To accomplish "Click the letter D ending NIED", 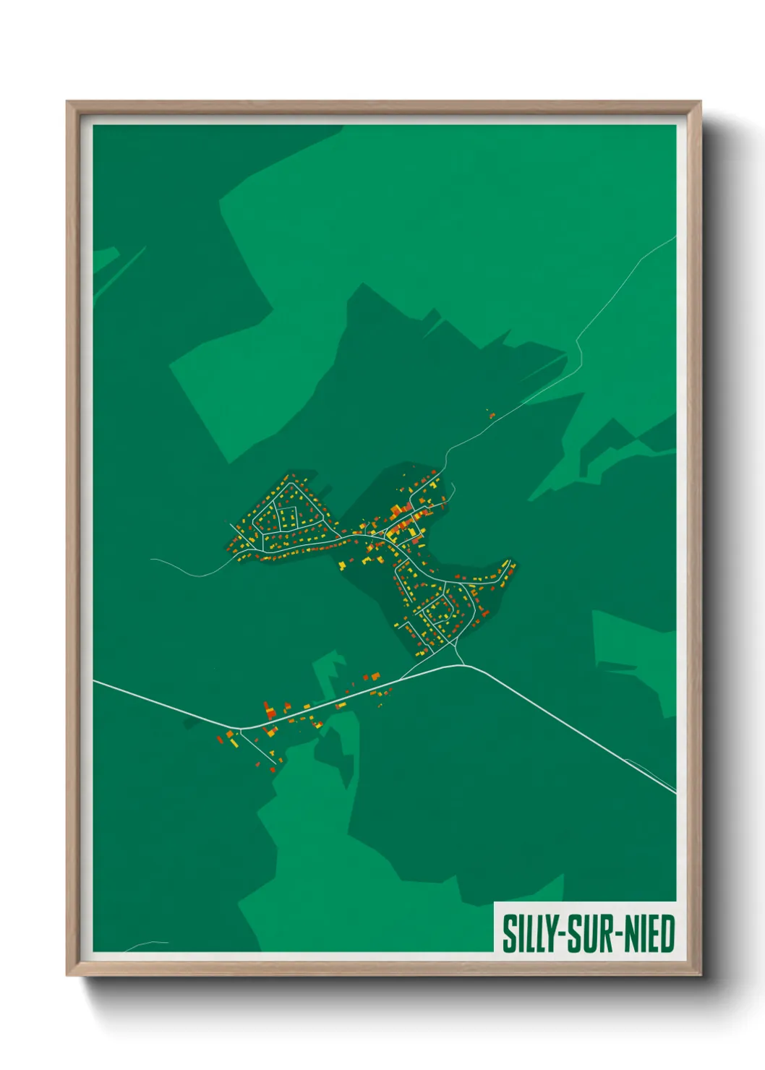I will [667, 933].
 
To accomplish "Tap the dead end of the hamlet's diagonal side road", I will [276, 763].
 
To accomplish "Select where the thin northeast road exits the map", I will [675, 237].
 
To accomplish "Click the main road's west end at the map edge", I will [95, 680].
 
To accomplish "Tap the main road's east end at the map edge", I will [675, 792].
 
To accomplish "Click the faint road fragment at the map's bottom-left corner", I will [145, 944].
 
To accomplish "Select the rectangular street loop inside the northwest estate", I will [289, 518].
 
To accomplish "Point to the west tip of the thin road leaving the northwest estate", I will [152, 560].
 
